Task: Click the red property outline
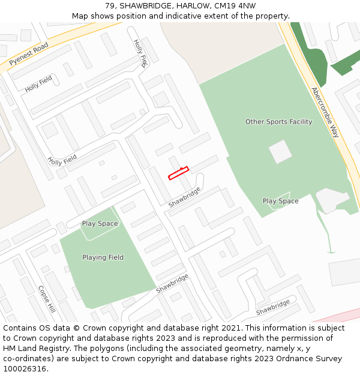point(178,173)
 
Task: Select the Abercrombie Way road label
point(325,112)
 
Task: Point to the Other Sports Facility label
point(278,122)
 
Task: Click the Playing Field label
point(103,257)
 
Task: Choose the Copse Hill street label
point(46,299)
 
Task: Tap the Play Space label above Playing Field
point(100,224)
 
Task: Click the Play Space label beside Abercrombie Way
point(280,201)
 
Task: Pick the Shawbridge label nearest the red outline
point(184,197)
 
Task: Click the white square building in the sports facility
point(280,151)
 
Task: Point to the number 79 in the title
point(110,6)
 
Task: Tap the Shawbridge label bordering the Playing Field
point(172,283)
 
